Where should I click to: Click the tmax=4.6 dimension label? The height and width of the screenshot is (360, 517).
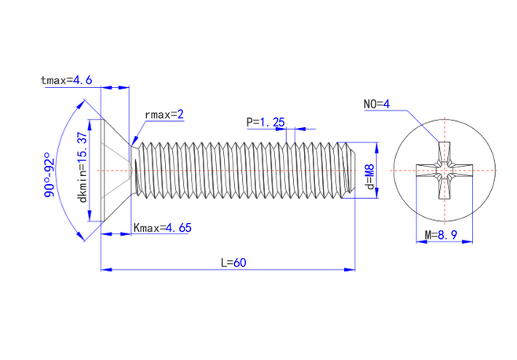click(66, 80)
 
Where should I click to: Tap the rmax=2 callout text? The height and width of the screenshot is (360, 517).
click(164, 115)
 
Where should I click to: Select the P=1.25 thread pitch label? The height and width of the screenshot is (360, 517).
click(266, 122)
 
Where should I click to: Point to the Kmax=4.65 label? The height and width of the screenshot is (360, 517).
click(163, 228)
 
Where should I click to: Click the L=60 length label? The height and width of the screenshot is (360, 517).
click(233, 263)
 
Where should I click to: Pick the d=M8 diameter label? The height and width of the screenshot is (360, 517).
click(370, 177)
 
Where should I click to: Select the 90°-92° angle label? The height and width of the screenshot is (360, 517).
click(49, 174)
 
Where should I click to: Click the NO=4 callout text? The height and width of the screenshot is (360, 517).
click(376, 104)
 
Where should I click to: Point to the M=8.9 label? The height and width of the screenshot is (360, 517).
click(441, 235)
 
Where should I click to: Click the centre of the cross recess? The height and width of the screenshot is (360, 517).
click(445, 171)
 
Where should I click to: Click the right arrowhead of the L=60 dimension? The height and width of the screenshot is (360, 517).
click(350, 270)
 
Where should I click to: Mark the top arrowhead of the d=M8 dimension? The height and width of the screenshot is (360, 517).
click(377, 148)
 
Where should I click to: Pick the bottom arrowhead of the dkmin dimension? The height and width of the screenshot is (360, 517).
click(90, 216)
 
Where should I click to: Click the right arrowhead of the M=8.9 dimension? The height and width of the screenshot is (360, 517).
click(467, 242)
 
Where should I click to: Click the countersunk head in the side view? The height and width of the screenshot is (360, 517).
click(115, 171)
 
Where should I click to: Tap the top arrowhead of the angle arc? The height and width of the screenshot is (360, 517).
click(80, 105)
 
